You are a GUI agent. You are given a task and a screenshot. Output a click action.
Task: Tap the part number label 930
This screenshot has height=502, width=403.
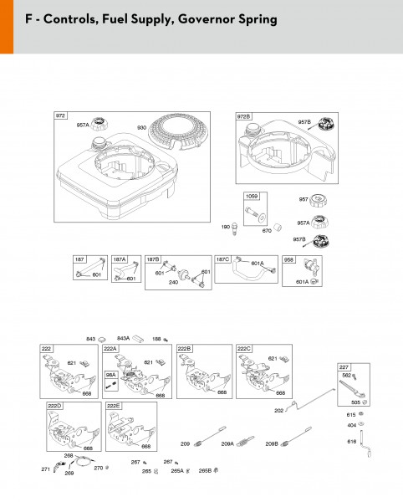click(x=141, y=126)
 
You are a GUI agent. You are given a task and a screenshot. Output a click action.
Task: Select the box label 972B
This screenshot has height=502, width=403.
click(x=243, y=116)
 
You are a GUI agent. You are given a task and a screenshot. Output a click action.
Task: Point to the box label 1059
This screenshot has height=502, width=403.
click(x=251, y=195)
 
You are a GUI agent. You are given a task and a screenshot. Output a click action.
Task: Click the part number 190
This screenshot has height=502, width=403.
click(x=225, y=227)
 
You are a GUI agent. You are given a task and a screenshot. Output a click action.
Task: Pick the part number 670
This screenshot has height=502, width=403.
click(x=267, y=230)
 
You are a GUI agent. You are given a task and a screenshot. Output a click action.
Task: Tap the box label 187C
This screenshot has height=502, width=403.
click(x=222, y=259)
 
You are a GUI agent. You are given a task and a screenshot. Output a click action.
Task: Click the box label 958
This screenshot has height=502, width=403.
click(x=288, y=259)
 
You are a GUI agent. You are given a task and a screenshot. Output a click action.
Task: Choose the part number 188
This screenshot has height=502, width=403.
click(x=156, y=339)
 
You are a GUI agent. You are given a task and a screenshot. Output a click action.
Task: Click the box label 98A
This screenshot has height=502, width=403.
click(x=110, y=374)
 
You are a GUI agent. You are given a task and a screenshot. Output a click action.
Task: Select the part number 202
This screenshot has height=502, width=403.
click(x=278, y=410)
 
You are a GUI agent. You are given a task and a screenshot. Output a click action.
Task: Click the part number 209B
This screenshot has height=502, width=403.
click(x=272, y=443)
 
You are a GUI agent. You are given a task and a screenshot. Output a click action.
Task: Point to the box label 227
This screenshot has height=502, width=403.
click(x=344, y=367)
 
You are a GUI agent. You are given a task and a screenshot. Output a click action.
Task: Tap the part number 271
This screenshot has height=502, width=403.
click(x=45, y=469)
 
